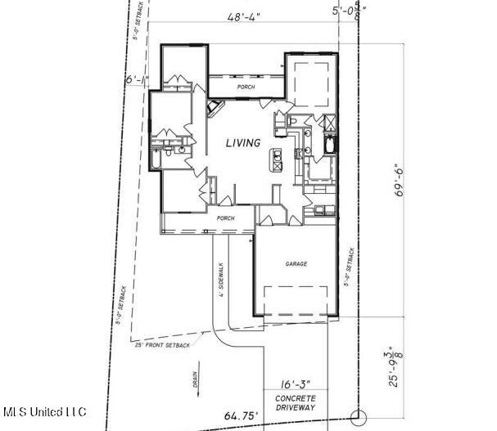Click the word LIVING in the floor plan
tap(243, 143)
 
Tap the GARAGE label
tap(295, 264)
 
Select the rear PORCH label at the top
tap(246, 87)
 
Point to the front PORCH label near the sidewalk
tap(225, 218)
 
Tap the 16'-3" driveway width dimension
tap(295, 383)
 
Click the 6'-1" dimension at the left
tap(134, 80)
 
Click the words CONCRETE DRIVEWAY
tap(295, 402)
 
